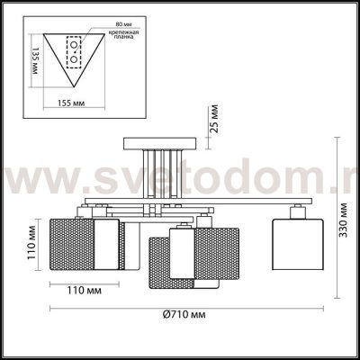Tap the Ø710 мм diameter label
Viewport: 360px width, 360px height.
coord(185,314)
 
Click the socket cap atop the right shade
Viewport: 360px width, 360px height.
coord(296,211)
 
